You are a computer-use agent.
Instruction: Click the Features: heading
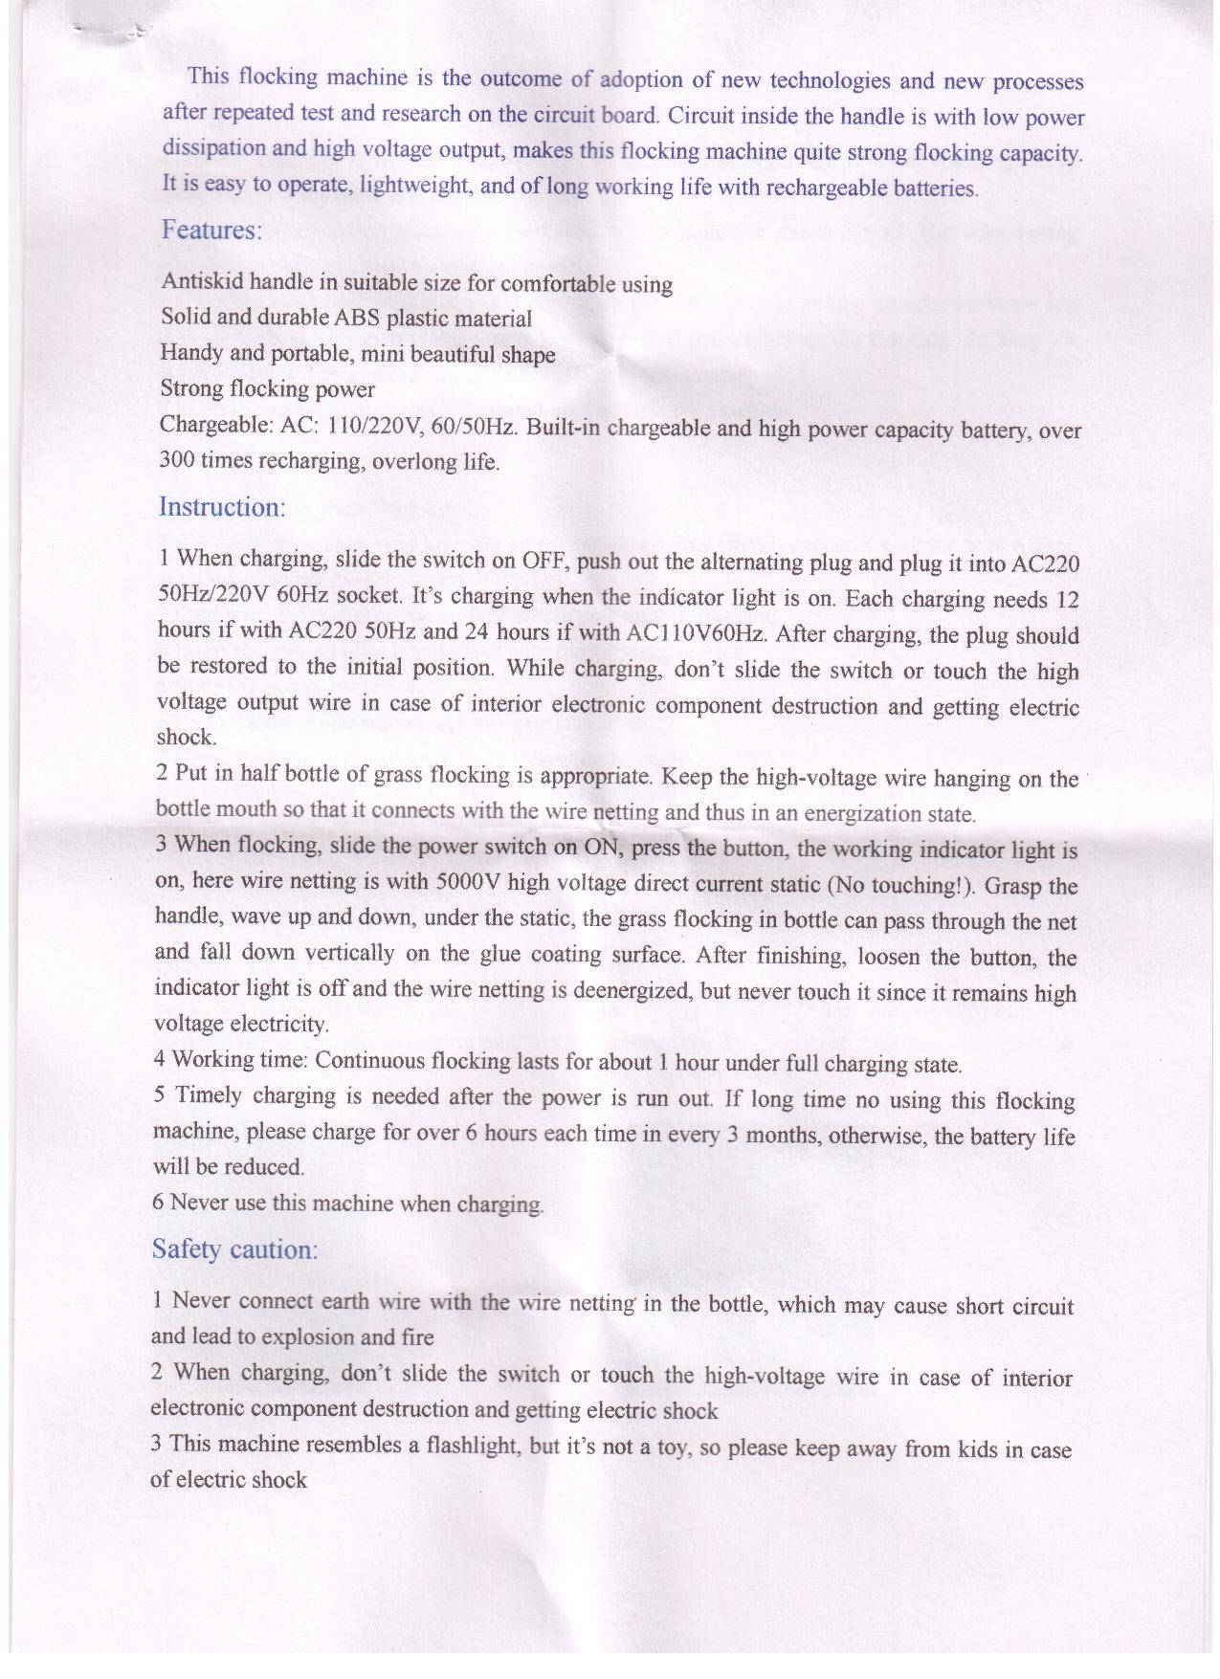(x=211, y=231)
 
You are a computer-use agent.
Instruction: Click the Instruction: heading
(x=222, y=506)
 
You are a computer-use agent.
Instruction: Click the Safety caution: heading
(x=234, y=1249)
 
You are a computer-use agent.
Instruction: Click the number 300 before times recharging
(x=177, y=460)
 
